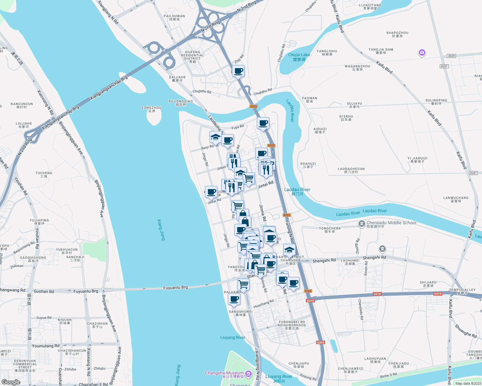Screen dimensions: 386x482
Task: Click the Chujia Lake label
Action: click(x=299, y=57)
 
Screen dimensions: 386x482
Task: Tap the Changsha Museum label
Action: click(x=224, y=373)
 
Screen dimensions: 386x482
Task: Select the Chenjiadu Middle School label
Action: click(x=391, y=223)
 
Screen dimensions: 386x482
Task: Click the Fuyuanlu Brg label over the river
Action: click(x=176, y=288)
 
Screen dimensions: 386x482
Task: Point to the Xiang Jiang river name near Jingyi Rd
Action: click(x=161, y=230)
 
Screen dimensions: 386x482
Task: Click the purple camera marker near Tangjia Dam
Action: click(x=422, y=52)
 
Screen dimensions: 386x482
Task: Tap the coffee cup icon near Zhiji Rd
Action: click(x=238, y=71)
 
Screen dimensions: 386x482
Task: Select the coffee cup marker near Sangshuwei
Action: click(x=234, y=299)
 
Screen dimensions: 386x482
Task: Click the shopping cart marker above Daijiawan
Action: click(x=244, y=284)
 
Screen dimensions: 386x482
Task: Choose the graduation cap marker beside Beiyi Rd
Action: click(x=216, y=137)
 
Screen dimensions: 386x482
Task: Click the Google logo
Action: click(x=11, y=382)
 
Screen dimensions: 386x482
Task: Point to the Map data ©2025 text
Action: click(x=468, y=383)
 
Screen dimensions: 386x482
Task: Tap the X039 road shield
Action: click(x=451, y=56)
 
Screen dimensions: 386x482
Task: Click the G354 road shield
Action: click(x=320, y=343)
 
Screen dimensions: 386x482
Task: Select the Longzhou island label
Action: click(x=151, y=109)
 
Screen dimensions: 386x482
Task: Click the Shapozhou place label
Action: click(x=397, y=34)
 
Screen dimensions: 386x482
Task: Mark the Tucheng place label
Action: click(x=44, y=175)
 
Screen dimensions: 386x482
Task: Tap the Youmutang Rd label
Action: click(x=45, y=346)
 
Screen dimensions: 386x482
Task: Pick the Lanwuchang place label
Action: click(x=456, y=199)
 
